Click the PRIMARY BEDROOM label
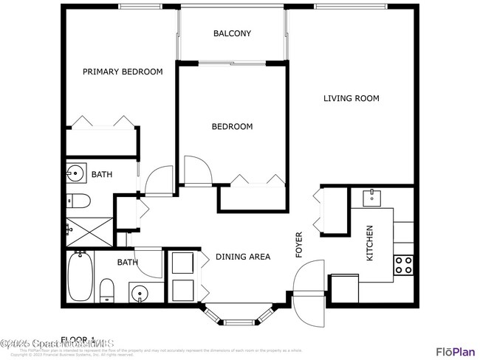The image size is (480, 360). click(x=123, y=72)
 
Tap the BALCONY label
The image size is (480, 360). click(x=232, y=33)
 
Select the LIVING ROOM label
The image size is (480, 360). click(x=351, y=98)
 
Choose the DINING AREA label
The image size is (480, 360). click(x=243, y=257)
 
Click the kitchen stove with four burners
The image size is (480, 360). click(x=403, y=265)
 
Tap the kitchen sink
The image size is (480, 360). click(x=371, y=196)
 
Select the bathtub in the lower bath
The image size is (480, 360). click(x=79, y=274)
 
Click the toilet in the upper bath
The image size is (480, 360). click(x=78, y=199)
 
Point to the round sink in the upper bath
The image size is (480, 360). click(x=76, y=175)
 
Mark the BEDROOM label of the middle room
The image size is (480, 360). click(x=232, y=126)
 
